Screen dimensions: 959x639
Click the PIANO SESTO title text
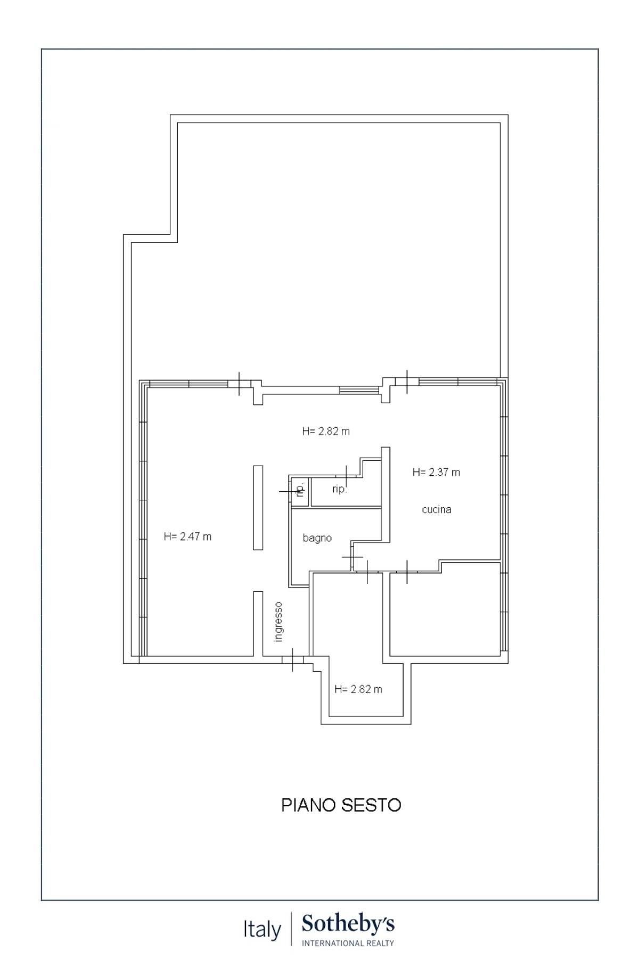click(341, 804)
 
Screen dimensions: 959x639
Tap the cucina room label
click(437, 509)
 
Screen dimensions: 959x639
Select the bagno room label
click(317, 538)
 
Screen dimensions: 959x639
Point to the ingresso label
click(278, 622)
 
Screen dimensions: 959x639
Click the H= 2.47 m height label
click(187, 537)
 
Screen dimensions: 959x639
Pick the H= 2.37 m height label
click(436, 472)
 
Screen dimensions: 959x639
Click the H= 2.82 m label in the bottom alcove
click(358, 689)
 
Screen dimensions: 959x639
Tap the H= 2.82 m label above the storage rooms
click(326, 431)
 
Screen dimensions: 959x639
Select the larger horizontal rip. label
click(340, 489)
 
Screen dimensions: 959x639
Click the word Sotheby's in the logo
click(348, 924)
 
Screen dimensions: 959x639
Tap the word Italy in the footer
click(262, 930)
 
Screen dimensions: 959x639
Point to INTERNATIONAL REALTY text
click(348, 943)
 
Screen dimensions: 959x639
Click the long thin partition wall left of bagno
click(258, 507)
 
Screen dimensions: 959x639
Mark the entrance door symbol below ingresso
click(293, 660)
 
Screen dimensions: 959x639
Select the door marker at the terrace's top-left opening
click(239, 383)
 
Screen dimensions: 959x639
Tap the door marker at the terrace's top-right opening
click(407, 381)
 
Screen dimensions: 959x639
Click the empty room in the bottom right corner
click(445, 613)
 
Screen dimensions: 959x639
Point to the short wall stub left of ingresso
click(258, 623)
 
